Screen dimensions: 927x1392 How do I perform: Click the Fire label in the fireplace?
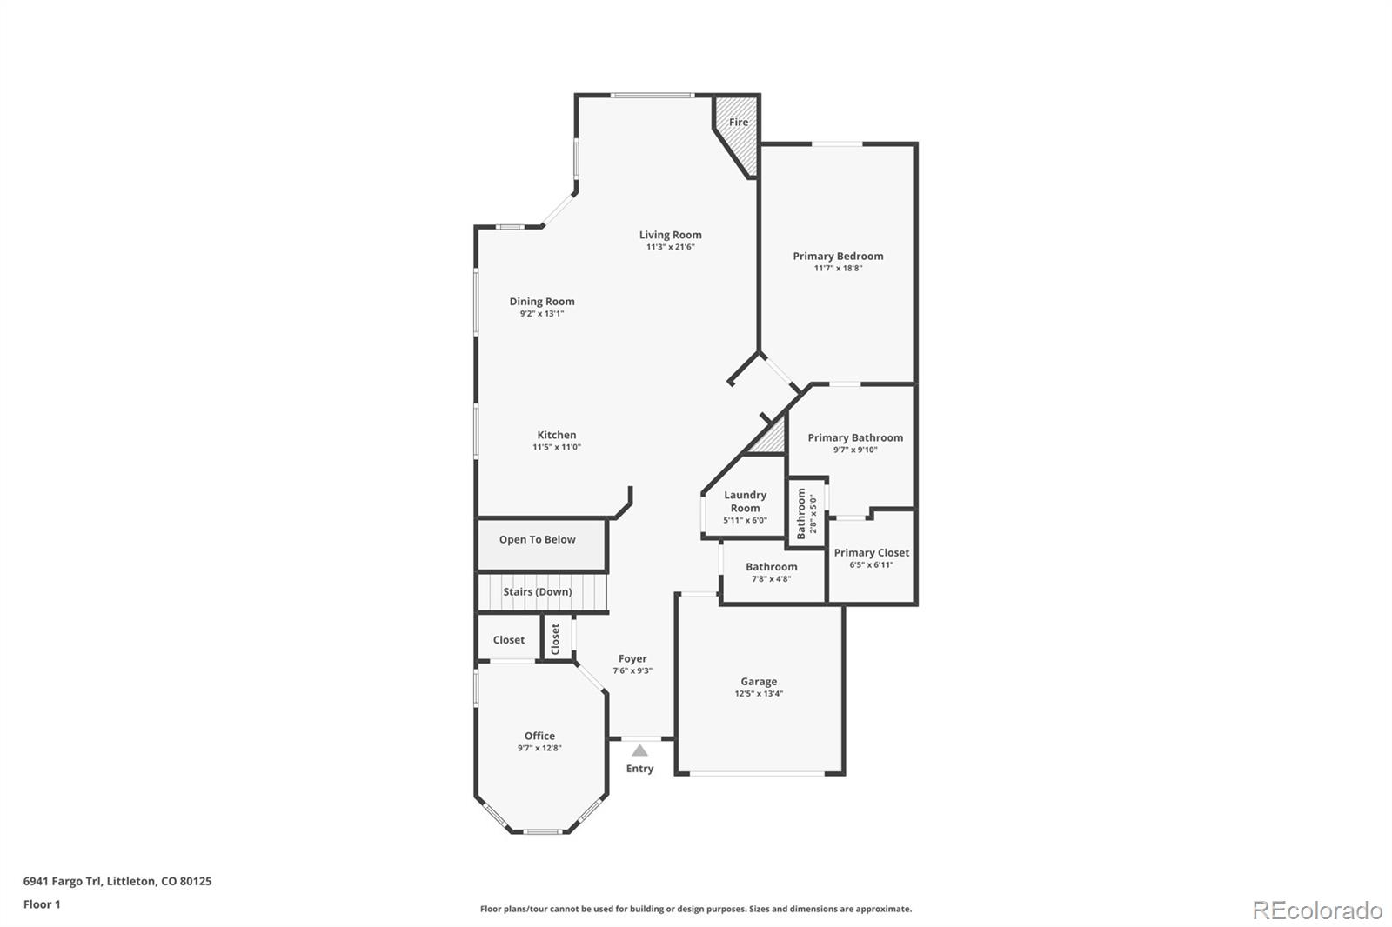coord(738,123)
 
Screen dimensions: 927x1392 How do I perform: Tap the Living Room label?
coord(670,235)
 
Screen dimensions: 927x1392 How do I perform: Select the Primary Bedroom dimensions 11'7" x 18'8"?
coord(838,269)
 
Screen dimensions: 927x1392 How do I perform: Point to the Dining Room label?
coord(542,302)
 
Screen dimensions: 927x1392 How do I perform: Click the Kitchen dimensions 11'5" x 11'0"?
coord(557,447)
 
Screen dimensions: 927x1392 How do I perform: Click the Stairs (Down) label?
coord(538,592)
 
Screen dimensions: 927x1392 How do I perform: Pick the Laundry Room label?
coord(745,501)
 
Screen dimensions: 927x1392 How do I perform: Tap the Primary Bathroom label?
coord(855,437)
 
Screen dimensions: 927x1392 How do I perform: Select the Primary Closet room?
coord(872,557)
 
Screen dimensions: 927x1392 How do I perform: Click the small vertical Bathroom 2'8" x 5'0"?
coord(806,513)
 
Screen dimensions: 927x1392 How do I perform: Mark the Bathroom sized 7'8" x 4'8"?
coord(772,572)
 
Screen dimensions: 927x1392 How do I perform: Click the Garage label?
coord(759,682)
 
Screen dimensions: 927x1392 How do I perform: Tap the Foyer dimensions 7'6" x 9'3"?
coord(632,670)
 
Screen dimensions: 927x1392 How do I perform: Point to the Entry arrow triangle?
coord(639,750)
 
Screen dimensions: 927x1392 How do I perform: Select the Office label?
coord(539,736)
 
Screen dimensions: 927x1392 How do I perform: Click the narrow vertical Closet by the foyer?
coord(556,639)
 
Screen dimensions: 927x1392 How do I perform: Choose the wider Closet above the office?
coord(509,640)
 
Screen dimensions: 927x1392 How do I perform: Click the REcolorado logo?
coord(1317,910)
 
